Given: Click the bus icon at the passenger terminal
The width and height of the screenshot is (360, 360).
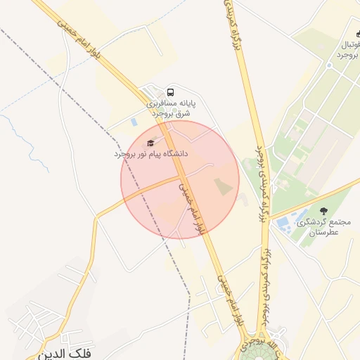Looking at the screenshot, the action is (171, 92).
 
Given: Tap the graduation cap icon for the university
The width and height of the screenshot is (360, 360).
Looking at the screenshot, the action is (149, 143).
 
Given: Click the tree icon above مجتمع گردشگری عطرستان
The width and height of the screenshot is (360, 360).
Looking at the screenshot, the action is (323, 210).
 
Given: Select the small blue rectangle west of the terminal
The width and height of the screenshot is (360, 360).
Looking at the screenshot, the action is (134, 122).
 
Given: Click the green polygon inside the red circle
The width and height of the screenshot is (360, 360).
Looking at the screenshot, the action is (222, 187).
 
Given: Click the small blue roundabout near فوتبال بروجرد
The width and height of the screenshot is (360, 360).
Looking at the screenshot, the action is (328, 65).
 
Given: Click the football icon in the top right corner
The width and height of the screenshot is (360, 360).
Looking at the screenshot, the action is (357, 33).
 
